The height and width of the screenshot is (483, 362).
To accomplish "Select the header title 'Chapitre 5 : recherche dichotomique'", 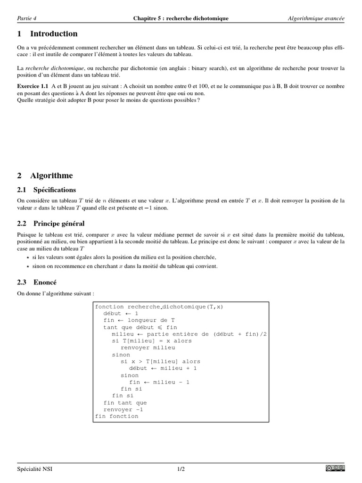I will (x=181, y=18).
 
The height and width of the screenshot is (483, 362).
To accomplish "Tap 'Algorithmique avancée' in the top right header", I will (x=316, y=18).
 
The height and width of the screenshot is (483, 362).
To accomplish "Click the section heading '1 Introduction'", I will (x=47, y=34).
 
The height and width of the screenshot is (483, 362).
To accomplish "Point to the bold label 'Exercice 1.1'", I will (x=33, y=87).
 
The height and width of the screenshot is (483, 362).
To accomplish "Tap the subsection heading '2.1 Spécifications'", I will (x=46, y=190).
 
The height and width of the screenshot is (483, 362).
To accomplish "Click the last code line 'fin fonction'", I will (x=117, y=416).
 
